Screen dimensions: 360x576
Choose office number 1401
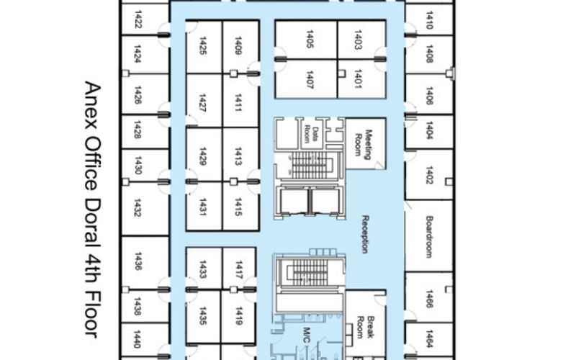pos(357,79)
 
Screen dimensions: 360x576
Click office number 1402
pos(429,175)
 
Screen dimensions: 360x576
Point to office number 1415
pos(238,210)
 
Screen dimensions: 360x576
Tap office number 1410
pos(429,19)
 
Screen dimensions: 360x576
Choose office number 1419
pos(238,318)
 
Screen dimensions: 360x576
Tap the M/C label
pos(305,336)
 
